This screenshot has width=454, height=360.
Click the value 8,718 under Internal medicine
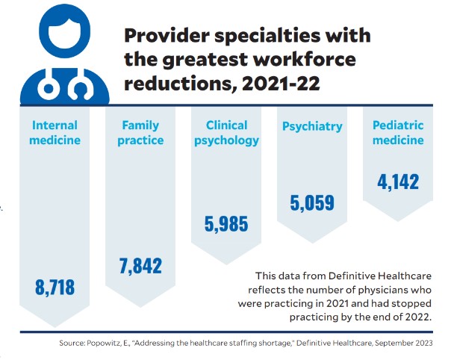coord(56,286)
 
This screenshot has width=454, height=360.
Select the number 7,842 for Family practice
coord(140,265)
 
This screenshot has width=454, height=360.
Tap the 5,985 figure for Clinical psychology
coord(226,223)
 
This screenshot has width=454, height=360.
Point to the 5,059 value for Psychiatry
coord(311,202)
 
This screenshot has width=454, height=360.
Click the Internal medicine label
coord(55,132)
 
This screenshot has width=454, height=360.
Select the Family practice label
coord(140,132)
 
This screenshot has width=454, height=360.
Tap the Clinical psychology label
coord(226,132)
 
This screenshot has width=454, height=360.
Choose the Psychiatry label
coord(312,126)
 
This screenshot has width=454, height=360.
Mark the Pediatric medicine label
coord(398,132)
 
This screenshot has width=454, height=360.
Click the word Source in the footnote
coord(73,343)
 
